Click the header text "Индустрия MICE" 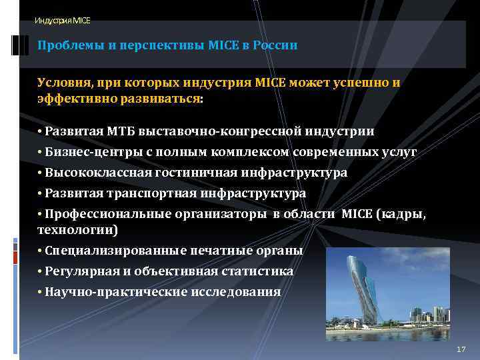[63, 21]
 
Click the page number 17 [461, 350]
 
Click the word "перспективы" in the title [147, 45]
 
